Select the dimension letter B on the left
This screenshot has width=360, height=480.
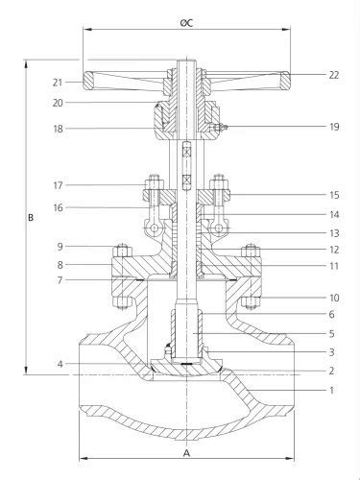[31, 218]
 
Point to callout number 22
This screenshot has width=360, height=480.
[306, 75]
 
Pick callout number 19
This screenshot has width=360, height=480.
[306, 127]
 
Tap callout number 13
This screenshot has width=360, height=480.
[306, 232]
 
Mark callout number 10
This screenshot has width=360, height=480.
[306, 298]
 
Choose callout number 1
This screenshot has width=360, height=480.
[306, 390]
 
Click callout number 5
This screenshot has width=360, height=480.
[306, 333]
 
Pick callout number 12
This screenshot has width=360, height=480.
[306, 250]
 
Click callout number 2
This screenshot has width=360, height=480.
[306, 370]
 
